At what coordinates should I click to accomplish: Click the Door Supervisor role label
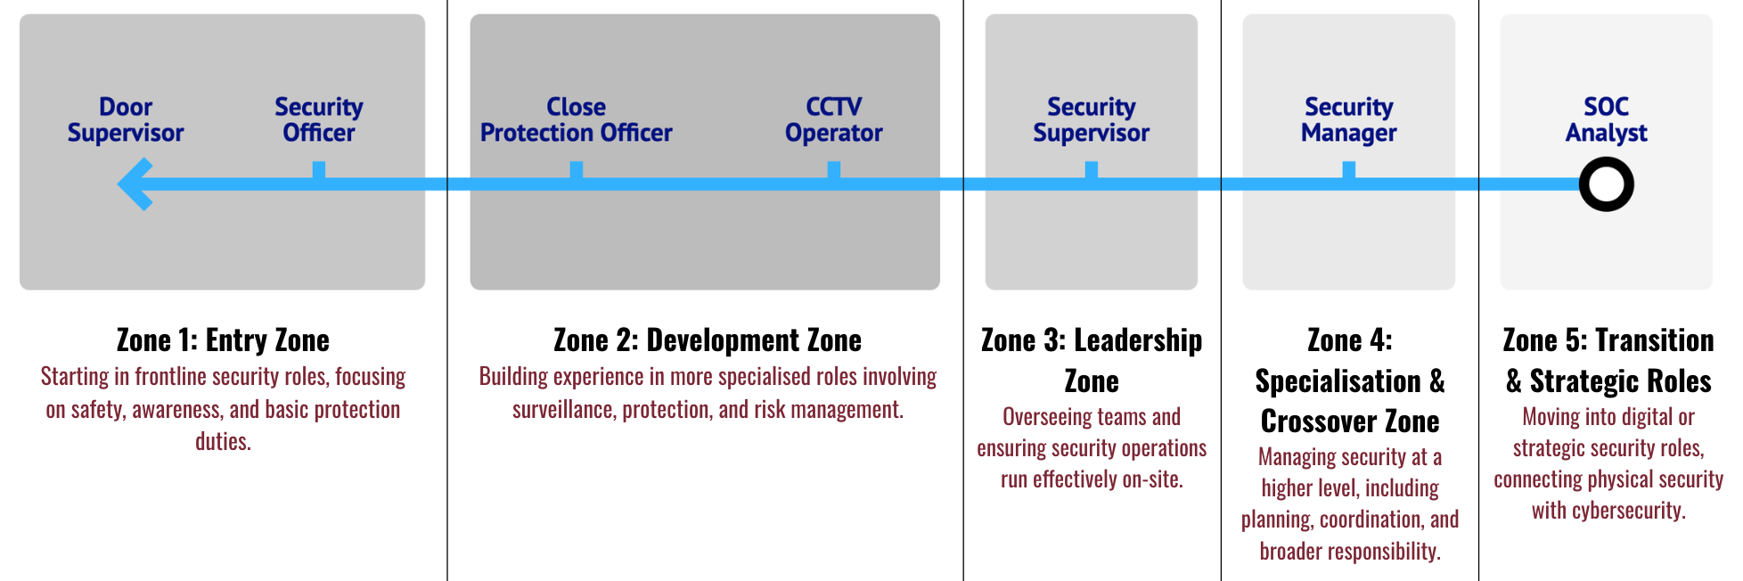(126, 120)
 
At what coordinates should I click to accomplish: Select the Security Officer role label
(318, 120)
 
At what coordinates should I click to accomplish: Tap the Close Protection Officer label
(576, 120)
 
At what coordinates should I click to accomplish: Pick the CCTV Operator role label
(833, 120)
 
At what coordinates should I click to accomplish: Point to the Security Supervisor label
(1091, 120)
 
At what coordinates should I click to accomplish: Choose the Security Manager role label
(1348, 120)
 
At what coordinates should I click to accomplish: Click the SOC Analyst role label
(1606, 120)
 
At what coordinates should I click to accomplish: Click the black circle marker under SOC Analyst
(1606, 184)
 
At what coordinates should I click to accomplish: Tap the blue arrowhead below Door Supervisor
(135, 184)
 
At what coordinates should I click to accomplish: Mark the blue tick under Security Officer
(318, 170)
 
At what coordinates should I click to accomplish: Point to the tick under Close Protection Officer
(576, 170)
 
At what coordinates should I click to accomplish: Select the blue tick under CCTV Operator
(833, 170)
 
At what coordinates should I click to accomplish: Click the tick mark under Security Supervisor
(1091, 170)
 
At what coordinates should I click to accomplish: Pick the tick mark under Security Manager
(1348, 170)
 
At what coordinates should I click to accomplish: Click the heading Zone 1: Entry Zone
(223, 340)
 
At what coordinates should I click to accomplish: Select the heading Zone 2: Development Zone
(708, 340)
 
